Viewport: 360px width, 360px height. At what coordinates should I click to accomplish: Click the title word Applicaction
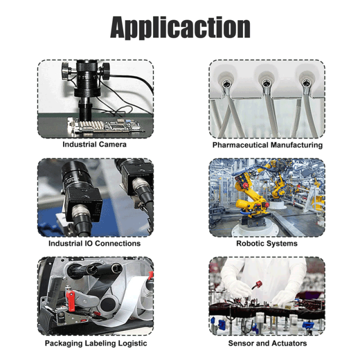(180, 28)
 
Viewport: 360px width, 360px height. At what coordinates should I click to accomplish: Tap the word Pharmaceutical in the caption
(240, 145)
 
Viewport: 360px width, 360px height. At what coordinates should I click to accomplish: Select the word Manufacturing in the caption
(296, 145)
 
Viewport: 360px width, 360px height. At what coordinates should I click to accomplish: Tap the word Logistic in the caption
(133, 344)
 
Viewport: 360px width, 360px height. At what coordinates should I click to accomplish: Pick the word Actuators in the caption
(290, 343)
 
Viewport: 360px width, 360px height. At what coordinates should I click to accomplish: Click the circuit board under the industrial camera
(105, 126)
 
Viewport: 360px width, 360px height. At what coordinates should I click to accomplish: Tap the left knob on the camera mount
(66, 71)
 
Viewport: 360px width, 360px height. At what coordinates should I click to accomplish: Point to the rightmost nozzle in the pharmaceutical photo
(306, 83)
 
